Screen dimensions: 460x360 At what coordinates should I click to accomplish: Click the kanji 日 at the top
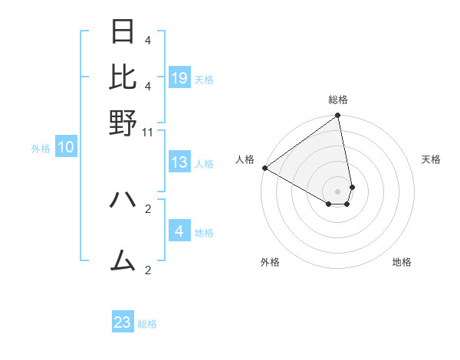(123, 32)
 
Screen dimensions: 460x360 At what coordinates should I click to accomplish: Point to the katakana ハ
(123, 200)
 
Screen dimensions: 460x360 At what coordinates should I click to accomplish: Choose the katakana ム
(123, 262)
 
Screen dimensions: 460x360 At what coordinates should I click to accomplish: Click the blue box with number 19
(179, 77)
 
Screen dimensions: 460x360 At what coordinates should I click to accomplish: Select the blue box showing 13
(179, 162)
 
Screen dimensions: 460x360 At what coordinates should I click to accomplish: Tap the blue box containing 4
(179, 231)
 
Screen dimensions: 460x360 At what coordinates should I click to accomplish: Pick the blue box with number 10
(66, 148)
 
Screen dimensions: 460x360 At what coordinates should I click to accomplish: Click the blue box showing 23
(123, 322)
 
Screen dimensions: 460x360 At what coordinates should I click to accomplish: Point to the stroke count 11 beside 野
(148, 132)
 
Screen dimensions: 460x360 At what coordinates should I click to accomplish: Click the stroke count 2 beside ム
(148, 270)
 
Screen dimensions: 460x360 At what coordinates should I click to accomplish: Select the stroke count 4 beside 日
(148, 40)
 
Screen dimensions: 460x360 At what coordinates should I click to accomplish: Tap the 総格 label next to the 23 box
(148, 324)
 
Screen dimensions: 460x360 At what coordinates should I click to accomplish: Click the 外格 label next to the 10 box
(41, 149)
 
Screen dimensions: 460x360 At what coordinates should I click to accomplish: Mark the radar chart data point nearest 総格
(337, 116)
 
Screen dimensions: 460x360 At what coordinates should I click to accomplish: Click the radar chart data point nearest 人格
(264, 168)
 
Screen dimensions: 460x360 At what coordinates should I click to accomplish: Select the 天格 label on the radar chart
(431, 159)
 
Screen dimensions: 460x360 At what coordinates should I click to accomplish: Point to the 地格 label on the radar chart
(402, 262)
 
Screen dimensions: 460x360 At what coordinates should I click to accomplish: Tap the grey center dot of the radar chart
(337, 190)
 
